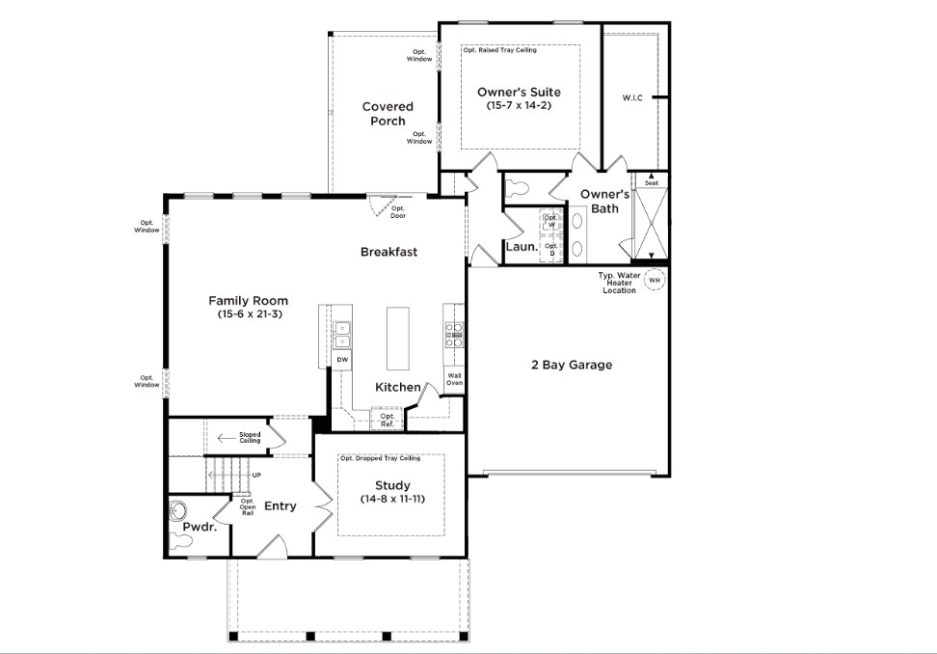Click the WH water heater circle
click(655, 280)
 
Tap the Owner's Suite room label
click(519, 92)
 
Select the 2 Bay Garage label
click(572, 365)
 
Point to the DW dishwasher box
click(342, 360)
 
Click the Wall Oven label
click(454, 379)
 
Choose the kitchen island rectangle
click(398, 339)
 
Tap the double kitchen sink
click(342, 335)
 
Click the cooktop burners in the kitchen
click(454, 336)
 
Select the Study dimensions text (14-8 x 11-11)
click(392, 499)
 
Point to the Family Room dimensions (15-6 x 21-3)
click(248, 313)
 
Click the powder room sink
click(178, 511)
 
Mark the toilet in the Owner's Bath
click(518, 189)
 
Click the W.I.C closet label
click(632, 97)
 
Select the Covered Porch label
click(388, 114)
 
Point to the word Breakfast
click(389, 252)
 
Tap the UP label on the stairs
click(256, 476)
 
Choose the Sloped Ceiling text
click(250, 438)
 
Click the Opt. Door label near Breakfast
click(398, 212)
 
